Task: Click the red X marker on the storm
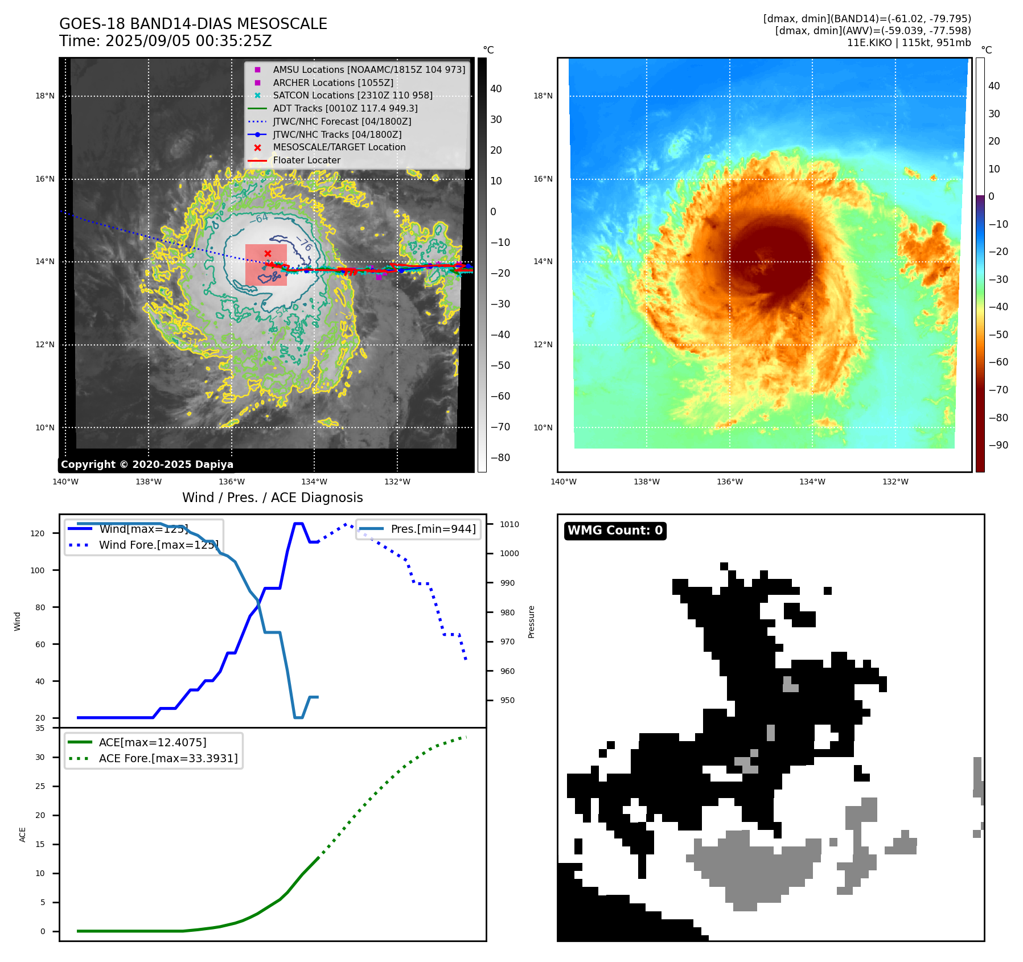pos(268,253)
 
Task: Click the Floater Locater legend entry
pos(306,160)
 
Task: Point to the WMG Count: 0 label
pos(615,531)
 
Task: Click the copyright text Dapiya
pos(147,464)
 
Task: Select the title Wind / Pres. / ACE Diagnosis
pos(272,498)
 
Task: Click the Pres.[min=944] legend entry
pos(433,529)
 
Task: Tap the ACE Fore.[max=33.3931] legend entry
pos(168,758)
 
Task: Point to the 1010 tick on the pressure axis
pos(510,524)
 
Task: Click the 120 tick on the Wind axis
pos(38,533)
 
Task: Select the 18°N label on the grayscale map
pos(45,96)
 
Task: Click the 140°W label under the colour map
pos(564,482)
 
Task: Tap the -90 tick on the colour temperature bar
pos(998,445)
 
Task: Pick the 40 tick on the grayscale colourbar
pos(496,89)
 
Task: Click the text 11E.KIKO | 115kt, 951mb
pos(909,43)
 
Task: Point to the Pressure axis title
pos(531,622)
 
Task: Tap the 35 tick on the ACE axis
pos(40,728)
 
